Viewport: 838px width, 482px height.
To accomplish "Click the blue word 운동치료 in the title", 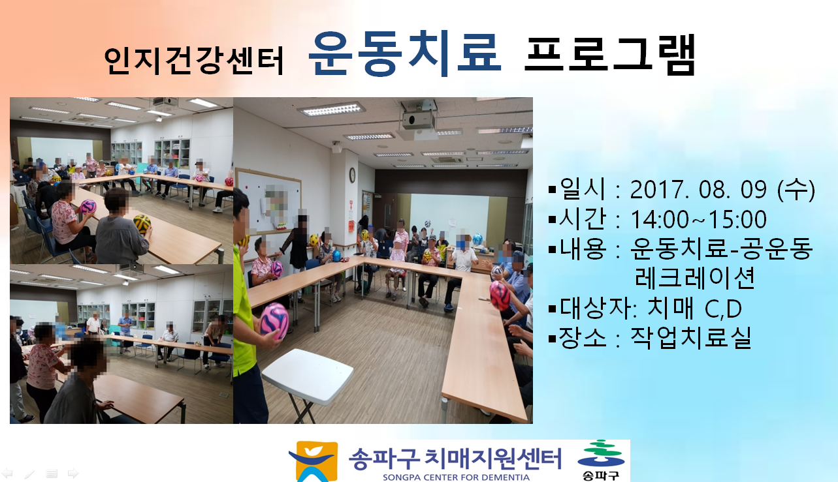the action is [x=405, y=53].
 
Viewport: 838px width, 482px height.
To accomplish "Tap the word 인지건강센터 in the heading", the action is [x=194, y=61].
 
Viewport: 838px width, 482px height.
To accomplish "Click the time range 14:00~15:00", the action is [x=699, y=219].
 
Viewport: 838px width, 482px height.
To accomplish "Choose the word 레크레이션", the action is [x=694, y=278].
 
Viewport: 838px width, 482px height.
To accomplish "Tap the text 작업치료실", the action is [x=691, y=338].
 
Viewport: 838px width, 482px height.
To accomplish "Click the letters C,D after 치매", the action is [x=723, y=309].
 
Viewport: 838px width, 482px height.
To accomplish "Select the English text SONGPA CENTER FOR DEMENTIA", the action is [x=456, y=477].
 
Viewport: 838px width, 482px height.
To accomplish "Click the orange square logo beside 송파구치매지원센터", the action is [x=314, y=461].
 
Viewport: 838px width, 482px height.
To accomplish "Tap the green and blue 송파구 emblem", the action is [x=600, y=460].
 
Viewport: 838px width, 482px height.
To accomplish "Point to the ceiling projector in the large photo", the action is [x=418, y=120].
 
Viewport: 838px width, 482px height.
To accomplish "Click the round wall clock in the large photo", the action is [x=352, y=175].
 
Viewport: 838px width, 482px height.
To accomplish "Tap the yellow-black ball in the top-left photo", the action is [x=142, y=224].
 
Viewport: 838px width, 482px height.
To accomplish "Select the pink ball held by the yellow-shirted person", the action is [x=274, y=321].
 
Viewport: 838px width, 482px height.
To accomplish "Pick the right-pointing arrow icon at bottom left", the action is [x=73, y=474].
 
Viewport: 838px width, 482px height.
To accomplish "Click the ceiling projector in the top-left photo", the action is [x=165, y=101].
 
